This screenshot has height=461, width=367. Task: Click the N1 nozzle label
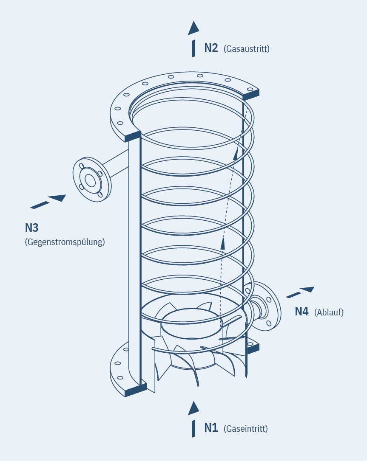(x=211, y=428)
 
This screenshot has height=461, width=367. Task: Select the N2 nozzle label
(x=211, y=48)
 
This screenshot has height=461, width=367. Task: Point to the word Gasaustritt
(x=246, y=48)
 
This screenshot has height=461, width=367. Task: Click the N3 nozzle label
(x=31, y=228)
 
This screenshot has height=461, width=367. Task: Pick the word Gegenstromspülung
(x=65, y=242)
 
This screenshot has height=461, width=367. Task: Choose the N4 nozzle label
(x=302, y=312)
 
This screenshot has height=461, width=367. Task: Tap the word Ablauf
(x=329, y=312)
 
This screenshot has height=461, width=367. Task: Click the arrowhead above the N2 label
(x=193, y=28)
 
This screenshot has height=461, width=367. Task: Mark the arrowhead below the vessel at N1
(x=193, y=408)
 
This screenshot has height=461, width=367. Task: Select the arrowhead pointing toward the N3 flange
(x=57, y=198)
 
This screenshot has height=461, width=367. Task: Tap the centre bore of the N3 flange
(x=90, y=180)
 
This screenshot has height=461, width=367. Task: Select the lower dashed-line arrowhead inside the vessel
(x=222, y=244)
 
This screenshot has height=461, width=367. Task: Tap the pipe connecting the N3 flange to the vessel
(x=115, y=163)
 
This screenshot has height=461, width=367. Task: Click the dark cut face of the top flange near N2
(x=250, y=95)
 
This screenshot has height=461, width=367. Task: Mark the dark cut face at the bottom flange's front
(x=136, y=390)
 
